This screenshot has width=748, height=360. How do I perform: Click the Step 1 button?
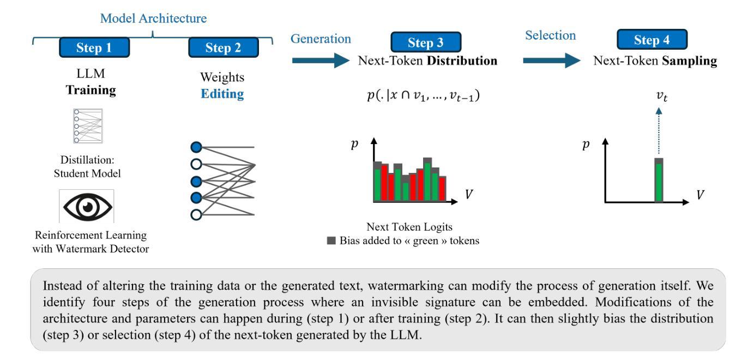click(x=94, y=47)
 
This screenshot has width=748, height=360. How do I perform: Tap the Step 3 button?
click(x=426, y=41)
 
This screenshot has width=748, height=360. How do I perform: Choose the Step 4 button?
click(x=652, y=40)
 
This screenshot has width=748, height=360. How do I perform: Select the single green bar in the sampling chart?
click(x=659, y=182)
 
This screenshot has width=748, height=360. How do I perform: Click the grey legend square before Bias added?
click(x=330, y=241)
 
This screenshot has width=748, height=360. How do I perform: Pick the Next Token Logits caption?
click(x=403, y=227)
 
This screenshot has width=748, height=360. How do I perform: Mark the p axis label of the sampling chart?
click(x=587, y=147)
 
